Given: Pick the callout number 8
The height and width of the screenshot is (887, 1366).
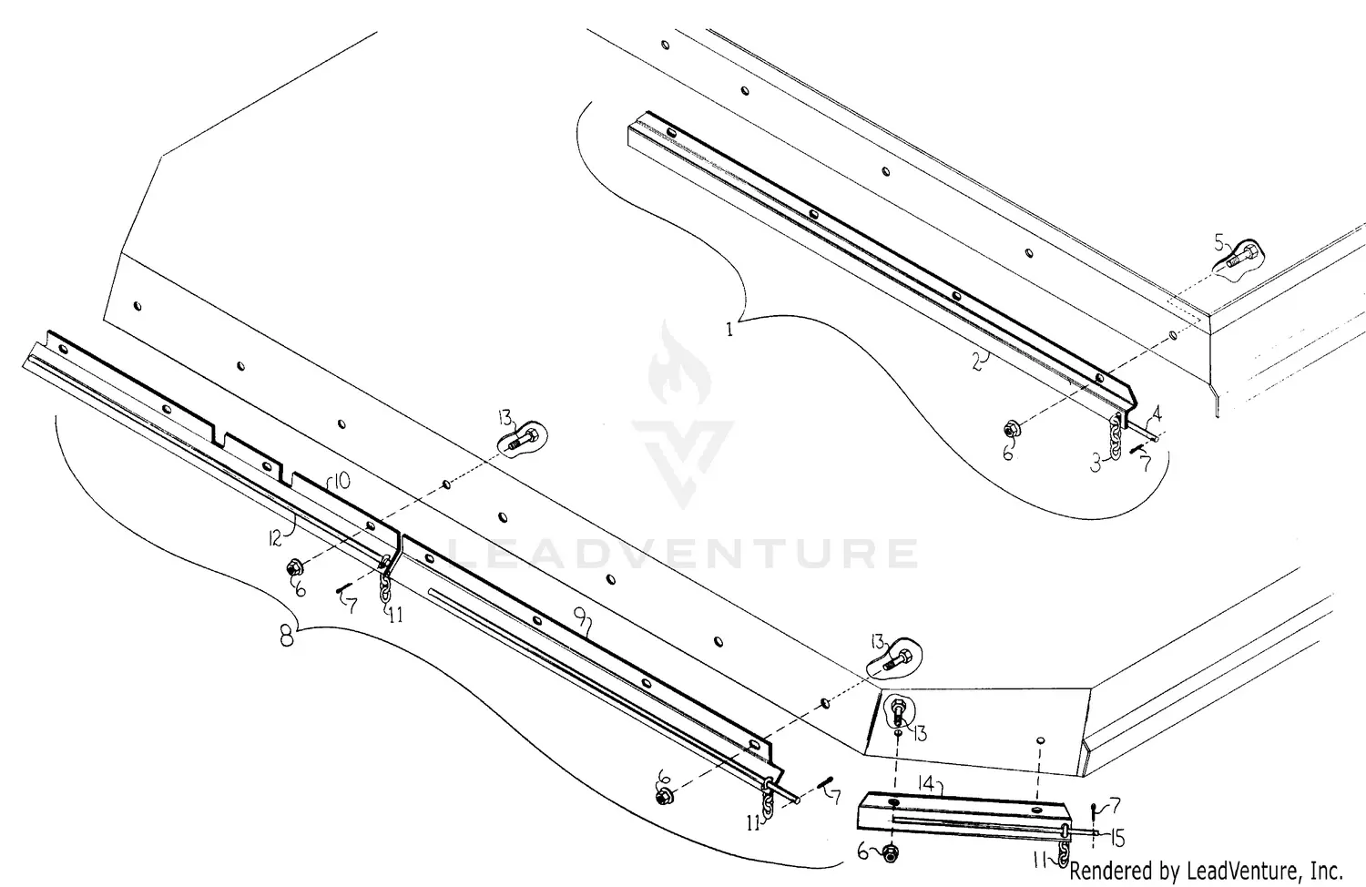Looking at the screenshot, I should [x=286, y=637].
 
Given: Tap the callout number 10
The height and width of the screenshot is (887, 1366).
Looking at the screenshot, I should [x=339, y=482].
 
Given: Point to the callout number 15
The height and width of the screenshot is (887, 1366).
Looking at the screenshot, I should [x=1117, y=836].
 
